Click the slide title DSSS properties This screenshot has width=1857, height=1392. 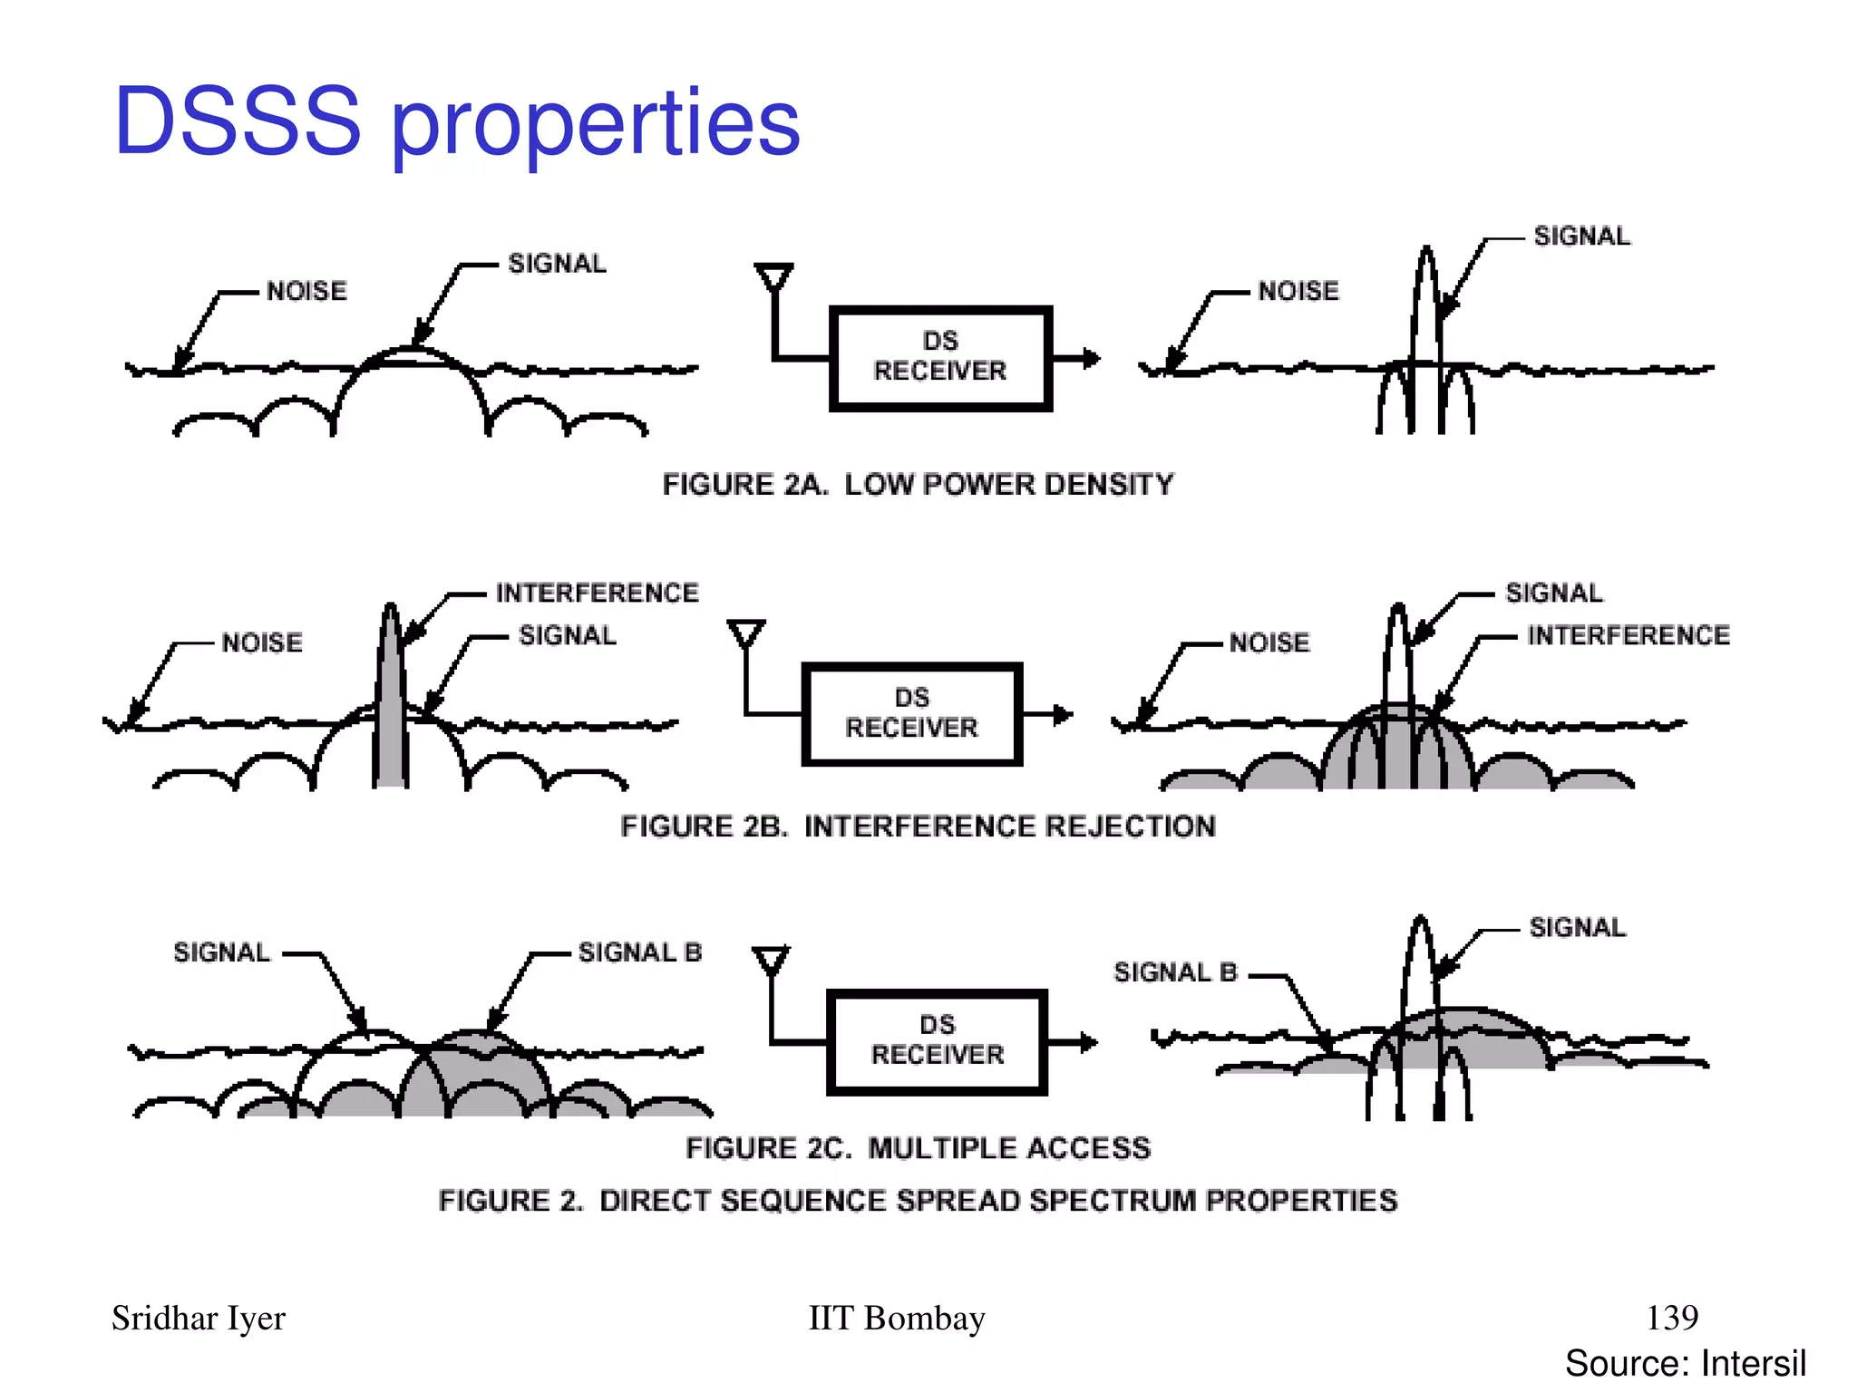pyautogui.click(x=457, y=121)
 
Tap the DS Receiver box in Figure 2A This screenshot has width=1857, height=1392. pyautogui.click(x=940, y=358)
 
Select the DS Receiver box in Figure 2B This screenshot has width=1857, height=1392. pyautogui.click(x=912, y=714)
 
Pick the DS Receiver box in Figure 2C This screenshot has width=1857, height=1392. pyautogui.click(x=938, y=1041)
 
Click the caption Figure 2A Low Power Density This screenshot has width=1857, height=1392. pyautogui.click(x=918, y=485)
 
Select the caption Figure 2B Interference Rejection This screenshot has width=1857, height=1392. pyautogui.click(x=918, y=826)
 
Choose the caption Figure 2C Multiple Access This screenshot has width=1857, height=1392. pyautogui.click(x=918, y=1148)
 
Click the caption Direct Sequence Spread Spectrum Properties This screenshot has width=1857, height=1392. pyautogui.click(x=918, y=1201)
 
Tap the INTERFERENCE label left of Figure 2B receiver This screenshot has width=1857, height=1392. pyautogui.click(x=597, y=593)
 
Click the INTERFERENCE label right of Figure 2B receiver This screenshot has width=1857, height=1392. pyautogui.click(x=1629, y=635)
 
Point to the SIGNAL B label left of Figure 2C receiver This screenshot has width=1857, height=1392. pyautogui.click(x=640, y=952)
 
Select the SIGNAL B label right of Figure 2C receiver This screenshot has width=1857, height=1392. pyautogui.click(x=1175, y=972)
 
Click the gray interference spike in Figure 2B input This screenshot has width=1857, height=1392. pyautogui.click(x=391, y=707)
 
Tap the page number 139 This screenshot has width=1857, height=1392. pyautogui.click(x=1672, y=1317)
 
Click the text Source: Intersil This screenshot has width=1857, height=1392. pyautogui.click(x=1685, y=1363)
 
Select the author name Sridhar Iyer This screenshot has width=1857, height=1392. pyautogui.click(x=199, y=1318)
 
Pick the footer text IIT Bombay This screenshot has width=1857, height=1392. pyautogui.click(x=896, y=1318)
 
